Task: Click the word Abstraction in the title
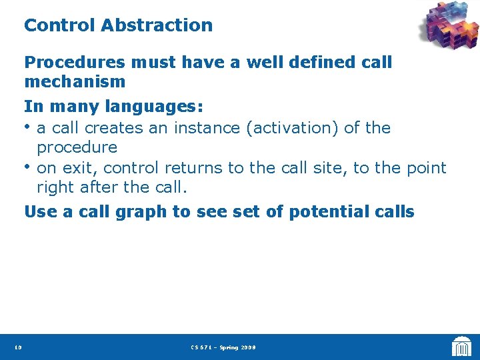pos(157,25)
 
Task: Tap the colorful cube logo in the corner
pos(449,29)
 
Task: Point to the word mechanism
pos(75,82)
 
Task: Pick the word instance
pos(210,127)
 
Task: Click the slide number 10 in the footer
pos(17,347)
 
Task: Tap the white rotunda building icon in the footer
pos(461,347)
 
